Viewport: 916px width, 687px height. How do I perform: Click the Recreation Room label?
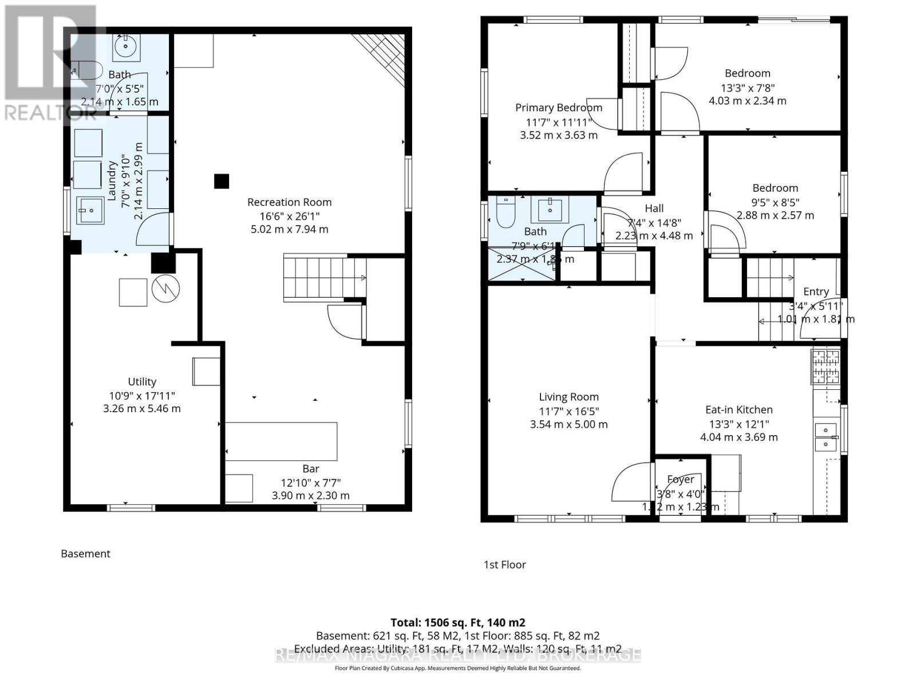[289, 202]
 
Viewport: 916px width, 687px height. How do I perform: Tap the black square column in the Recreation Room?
[222, 181]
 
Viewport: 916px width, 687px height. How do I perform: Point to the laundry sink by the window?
[89, 210]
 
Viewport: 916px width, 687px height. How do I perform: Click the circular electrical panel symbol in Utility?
[165, 290]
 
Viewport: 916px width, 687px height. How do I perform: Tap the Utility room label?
[142, 382]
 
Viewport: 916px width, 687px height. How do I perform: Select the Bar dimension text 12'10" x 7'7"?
[310, 483]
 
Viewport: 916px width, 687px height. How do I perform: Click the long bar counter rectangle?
[281, 441]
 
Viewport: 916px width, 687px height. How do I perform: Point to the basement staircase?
[325, 278]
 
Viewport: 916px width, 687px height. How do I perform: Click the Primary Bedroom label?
[558, 108]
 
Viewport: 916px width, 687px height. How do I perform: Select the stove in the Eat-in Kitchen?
[824, 366]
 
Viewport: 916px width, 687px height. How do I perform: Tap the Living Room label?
[568, 397]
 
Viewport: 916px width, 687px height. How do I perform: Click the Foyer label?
[680, 479]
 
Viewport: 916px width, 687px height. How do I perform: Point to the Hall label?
[654, 208]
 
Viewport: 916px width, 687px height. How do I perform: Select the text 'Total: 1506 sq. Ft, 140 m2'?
[457, 622]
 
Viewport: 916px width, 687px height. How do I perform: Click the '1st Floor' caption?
[504, 564]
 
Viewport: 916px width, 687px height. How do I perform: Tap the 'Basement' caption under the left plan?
[85, 554]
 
